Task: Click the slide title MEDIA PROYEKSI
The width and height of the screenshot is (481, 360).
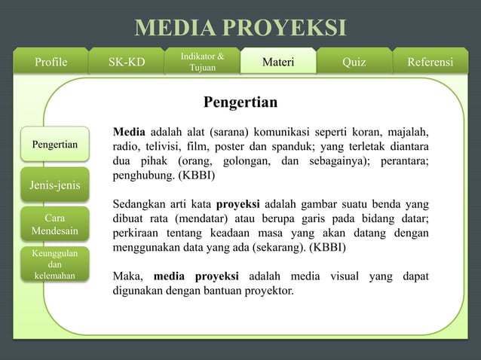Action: click(x=240, y=28)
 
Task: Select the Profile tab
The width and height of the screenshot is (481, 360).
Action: click(x=51, y=62)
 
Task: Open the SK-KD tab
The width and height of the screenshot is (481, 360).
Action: click(x=127, y=62)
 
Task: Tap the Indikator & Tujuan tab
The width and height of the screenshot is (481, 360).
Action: click(x=202, y=62)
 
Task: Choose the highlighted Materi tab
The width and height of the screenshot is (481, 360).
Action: click(x=277, y=62)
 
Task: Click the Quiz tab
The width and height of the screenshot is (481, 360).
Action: click(x=354, y=62)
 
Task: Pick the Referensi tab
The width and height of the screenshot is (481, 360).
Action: click(x=430, y=62)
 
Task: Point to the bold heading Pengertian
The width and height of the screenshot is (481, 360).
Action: click(x=240, y=102)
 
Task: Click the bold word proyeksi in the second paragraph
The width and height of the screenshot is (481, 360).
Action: click(x=238, y=203)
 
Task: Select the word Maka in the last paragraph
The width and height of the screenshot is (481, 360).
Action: click(x=128, y=276)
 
